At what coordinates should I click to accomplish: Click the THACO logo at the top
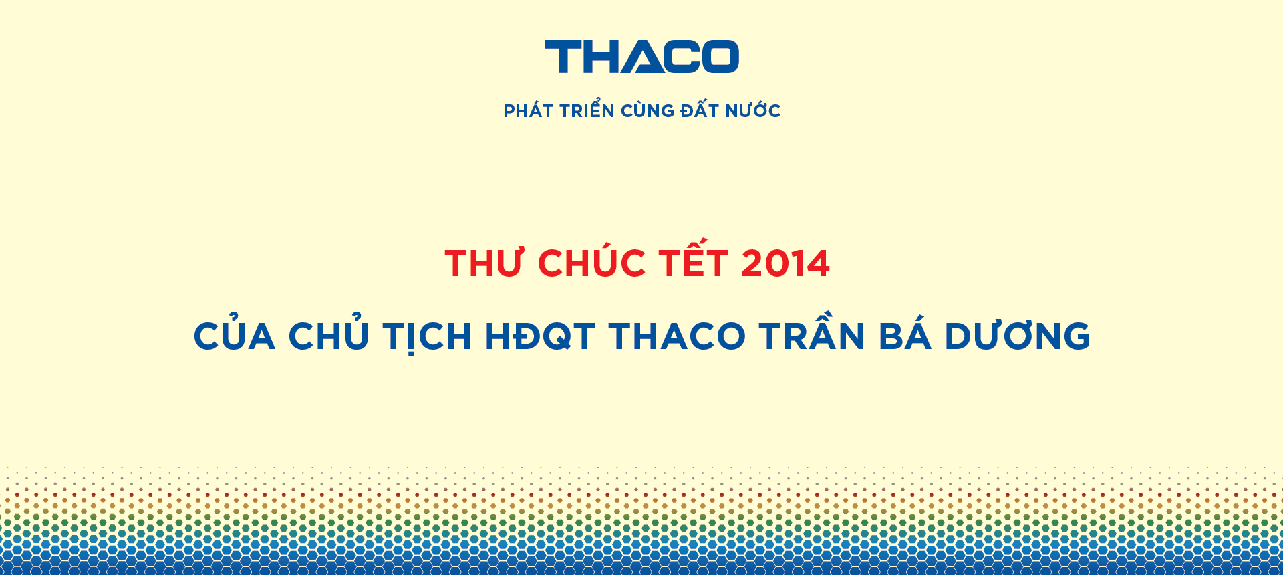[x=641, y=57]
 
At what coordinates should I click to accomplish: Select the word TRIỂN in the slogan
[x=587, y=109]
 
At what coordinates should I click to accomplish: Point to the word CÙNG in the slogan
[x=648, y=110]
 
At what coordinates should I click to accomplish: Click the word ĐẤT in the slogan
[x=700, y=110]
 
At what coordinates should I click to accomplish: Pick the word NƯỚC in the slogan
[x=753, y=110]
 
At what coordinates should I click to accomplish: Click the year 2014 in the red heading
[x=786, y=263]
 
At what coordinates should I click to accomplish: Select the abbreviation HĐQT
[x=540, y=336]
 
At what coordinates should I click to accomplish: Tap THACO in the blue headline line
[x=677, y=336]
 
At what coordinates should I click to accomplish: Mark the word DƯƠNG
[x=1018, y=335]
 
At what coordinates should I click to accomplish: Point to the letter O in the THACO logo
[x=720, y=57]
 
